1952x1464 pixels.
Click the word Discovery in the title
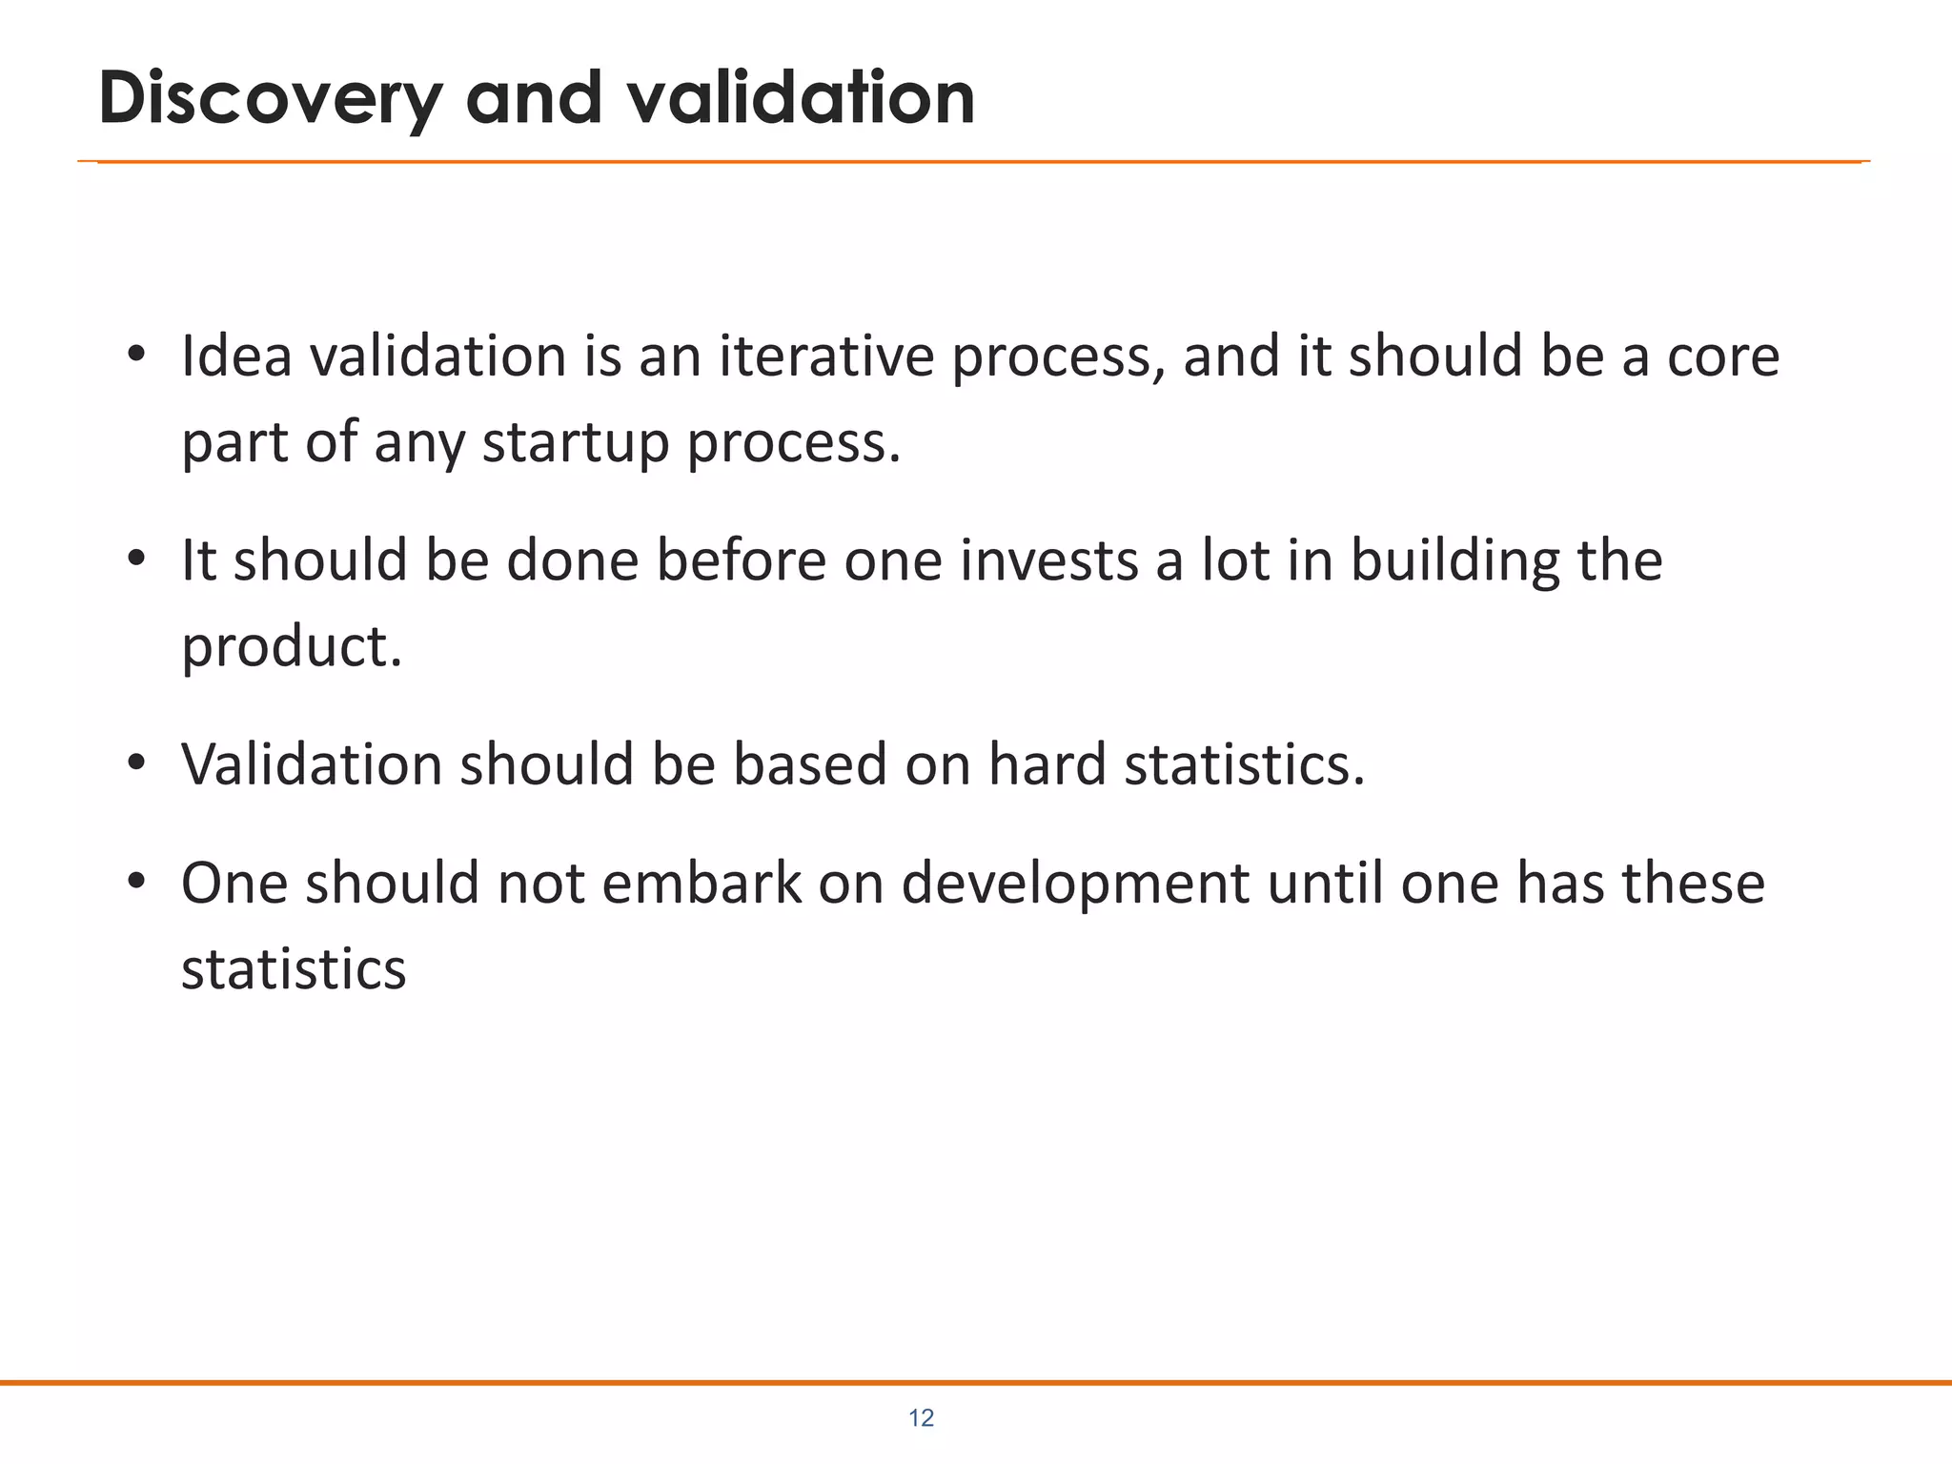click(271, 99)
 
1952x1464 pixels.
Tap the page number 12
click(921, 1418)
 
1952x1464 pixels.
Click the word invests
click(1048, 560)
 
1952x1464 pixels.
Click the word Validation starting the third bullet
click(312, 764)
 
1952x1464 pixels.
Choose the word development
click(1074, 884)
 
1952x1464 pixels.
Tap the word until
click(1325, 883)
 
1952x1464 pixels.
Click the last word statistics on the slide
click(294, 969)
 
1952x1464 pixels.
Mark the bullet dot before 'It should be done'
click(136, 559)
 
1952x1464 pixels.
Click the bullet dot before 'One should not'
click(136, 882)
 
